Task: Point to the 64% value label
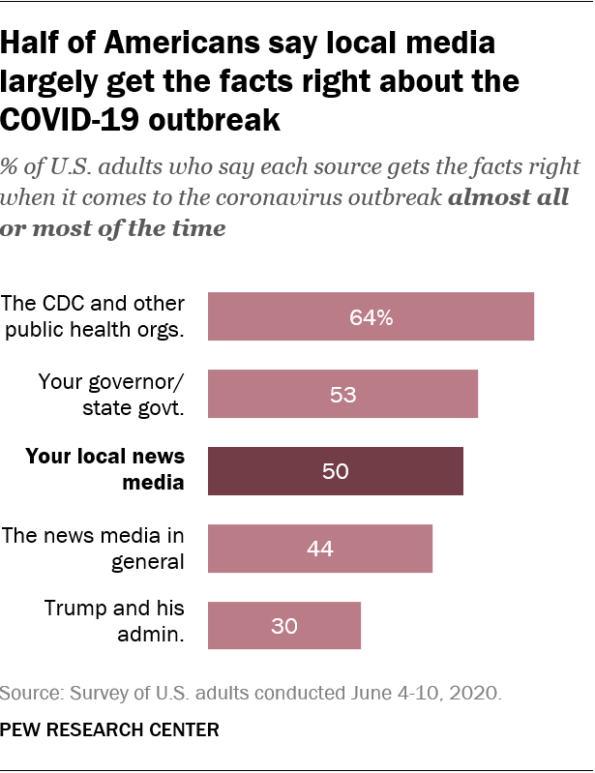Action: pyautogui.click(x=372, y=316)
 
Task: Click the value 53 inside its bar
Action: pyautogui.click(x=342, y=394)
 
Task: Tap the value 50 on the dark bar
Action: pyautogui.click(x=335, y=471)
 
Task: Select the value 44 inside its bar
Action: pyautogui.click(x=319, y=549)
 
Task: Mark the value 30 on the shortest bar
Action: pyautogui.click(x=284, y=626)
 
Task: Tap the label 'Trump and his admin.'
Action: pyautogui.click(x=114, y=621)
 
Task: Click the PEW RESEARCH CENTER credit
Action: pyautogui.click(x=109, y=728)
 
